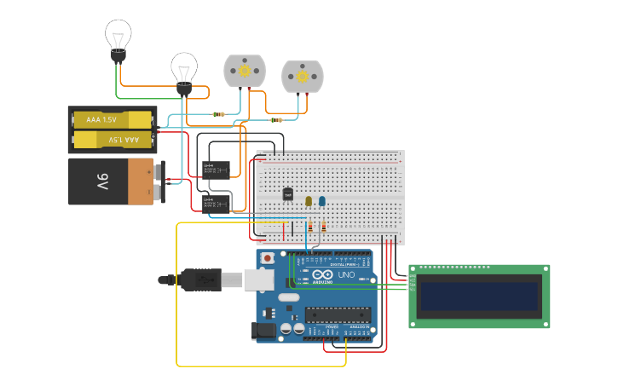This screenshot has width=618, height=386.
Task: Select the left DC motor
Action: tap(245, 72)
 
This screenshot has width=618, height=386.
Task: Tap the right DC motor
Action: tap(302, 77)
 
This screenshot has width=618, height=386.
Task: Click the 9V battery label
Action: tap(102, 181)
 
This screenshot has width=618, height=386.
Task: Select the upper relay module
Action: tap(214, 168)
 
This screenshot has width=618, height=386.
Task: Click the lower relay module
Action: tap(214, 202)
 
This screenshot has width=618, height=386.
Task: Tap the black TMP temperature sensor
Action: tap(287, 195)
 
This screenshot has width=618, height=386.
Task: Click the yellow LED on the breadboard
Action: tap(309, 201)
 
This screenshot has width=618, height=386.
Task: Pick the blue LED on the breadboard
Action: tap(321, 201)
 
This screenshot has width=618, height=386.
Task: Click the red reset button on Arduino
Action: tap(268, 257)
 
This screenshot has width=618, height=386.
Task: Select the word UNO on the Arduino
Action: tap(347, 275)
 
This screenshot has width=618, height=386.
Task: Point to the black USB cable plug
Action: tap(200, 279)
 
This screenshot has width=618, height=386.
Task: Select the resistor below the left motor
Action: tap(219, 114)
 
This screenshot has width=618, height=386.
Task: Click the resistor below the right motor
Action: tap(276, 120)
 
